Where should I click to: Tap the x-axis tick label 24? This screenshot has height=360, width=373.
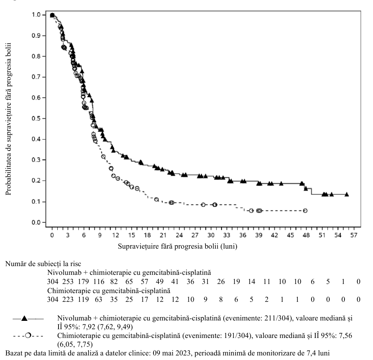(x=179, y=235)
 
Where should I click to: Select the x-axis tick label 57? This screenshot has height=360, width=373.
(x=354, y=235)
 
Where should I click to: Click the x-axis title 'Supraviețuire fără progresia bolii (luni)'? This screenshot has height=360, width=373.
(x=177, y=246)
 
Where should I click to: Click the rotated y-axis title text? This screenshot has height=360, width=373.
(x=8, y=119)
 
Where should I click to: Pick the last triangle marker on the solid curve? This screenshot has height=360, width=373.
(x=347, y=194)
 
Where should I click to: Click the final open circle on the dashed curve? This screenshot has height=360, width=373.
(x=305, y=211)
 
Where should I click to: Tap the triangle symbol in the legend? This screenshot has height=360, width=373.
(x=24, y=319)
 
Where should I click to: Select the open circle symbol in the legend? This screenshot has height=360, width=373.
(x=28, y=336)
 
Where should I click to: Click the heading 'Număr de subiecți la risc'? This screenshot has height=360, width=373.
(x=43, y=264)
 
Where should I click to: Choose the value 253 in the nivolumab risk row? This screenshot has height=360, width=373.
(x=68, y=282)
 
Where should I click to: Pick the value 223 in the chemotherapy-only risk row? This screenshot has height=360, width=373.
(x=68, y=299)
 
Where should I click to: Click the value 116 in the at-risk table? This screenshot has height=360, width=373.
(x=99, y=282)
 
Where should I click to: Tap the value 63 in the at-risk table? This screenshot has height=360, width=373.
(x=98, y=299)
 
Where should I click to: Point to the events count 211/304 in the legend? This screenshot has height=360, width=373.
(x=277, y=318)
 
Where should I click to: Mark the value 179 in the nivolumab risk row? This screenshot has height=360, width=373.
(x=83, y=282)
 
